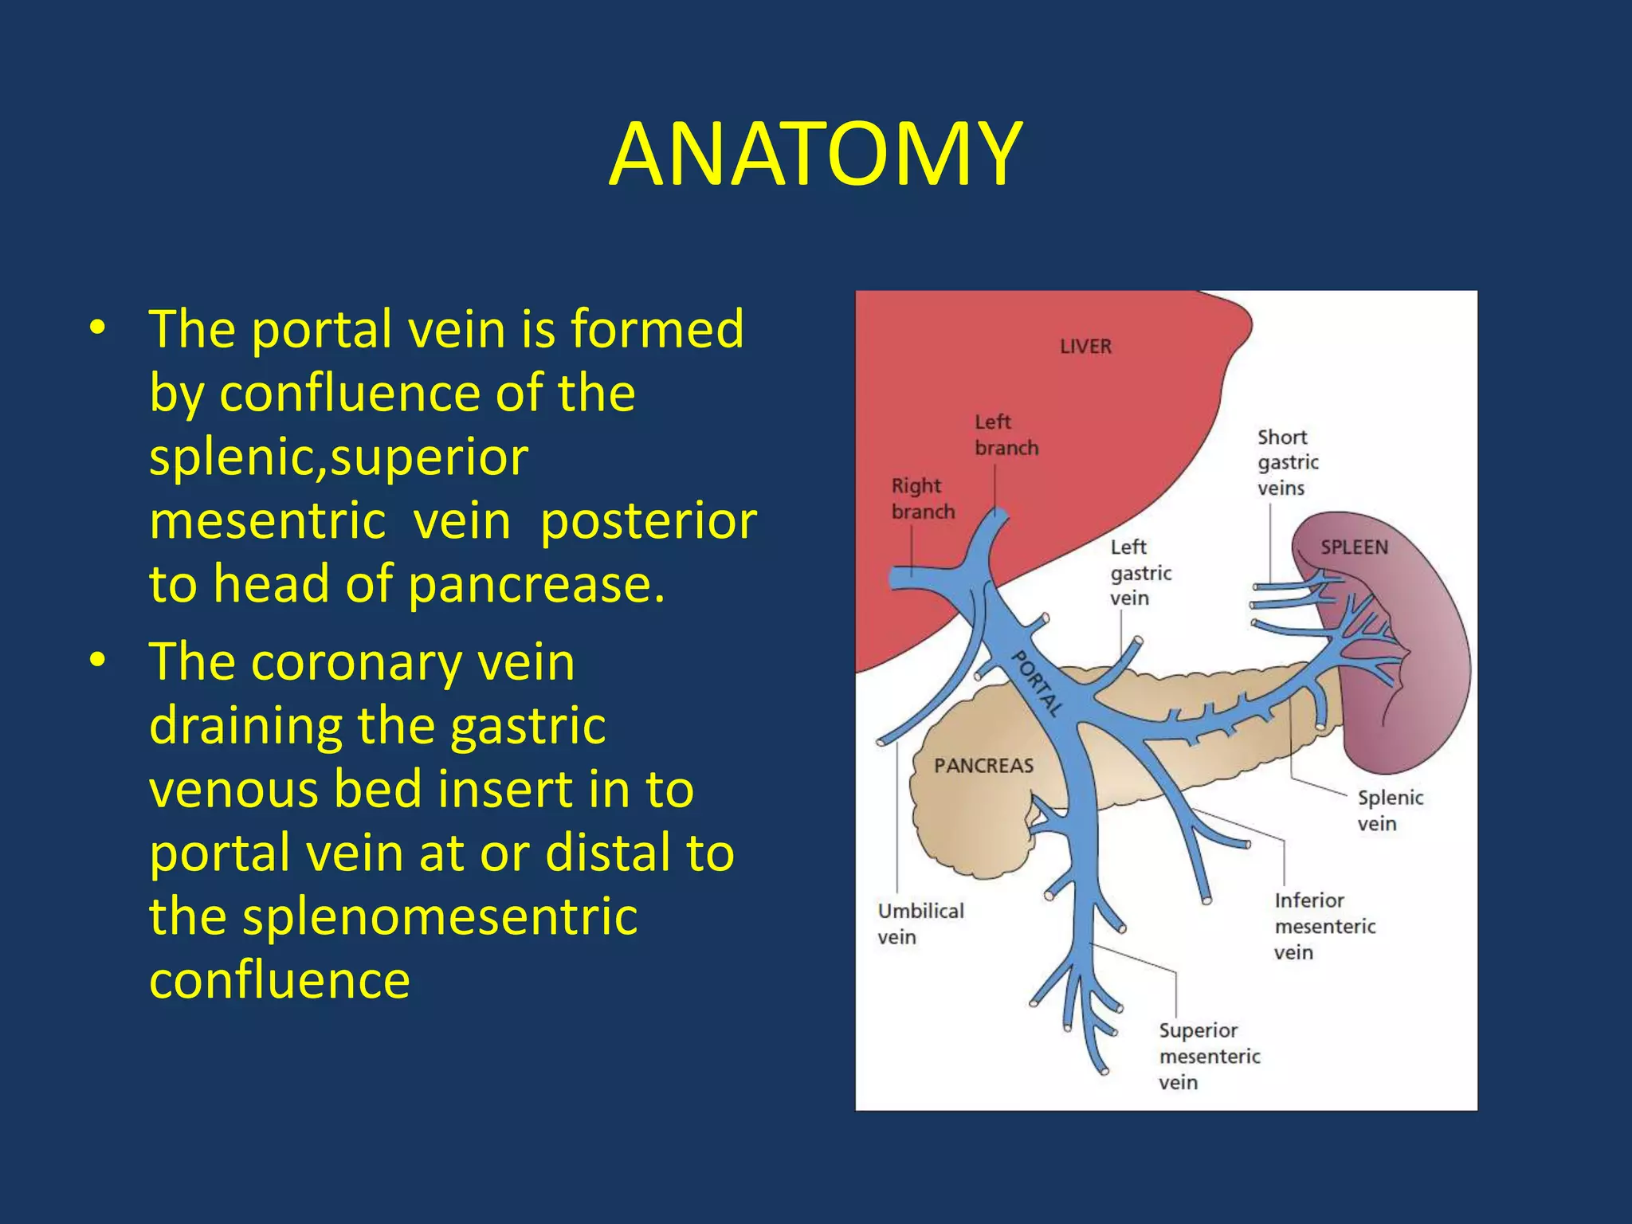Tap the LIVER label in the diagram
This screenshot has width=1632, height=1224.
(x=1085, y=347)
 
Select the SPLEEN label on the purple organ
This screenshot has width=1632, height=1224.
(x=1354, y=547)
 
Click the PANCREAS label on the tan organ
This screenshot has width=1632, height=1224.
(x=983, y=766)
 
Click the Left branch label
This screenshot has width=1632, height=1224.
(x=1006, y=434)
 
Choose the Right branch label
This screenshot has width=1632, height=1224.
(x=922, y=498)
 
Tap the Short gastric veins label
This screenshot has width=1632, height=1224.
(x=1287, y=462)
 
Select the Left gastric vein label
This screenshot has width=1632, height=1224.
(x=1140, y=572)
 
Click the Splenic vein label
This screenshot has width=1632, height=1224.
(x=1390, y=810)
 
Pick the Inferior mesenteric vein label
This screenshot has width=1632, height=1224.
(x=1324, y=926)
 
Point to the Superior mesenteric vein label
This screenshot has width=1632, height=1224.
(x=1209, y=1056)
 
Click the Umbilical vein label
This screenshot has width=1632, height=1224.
(x=920, y=924)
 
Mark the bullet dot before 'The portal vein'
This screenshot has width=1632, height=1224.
(x=97, y=328)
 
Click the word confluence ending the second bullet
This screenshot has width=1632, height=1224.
(x=280, y=980)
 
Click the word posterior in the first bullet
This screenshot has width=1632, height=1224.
(x=648, y=521)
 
